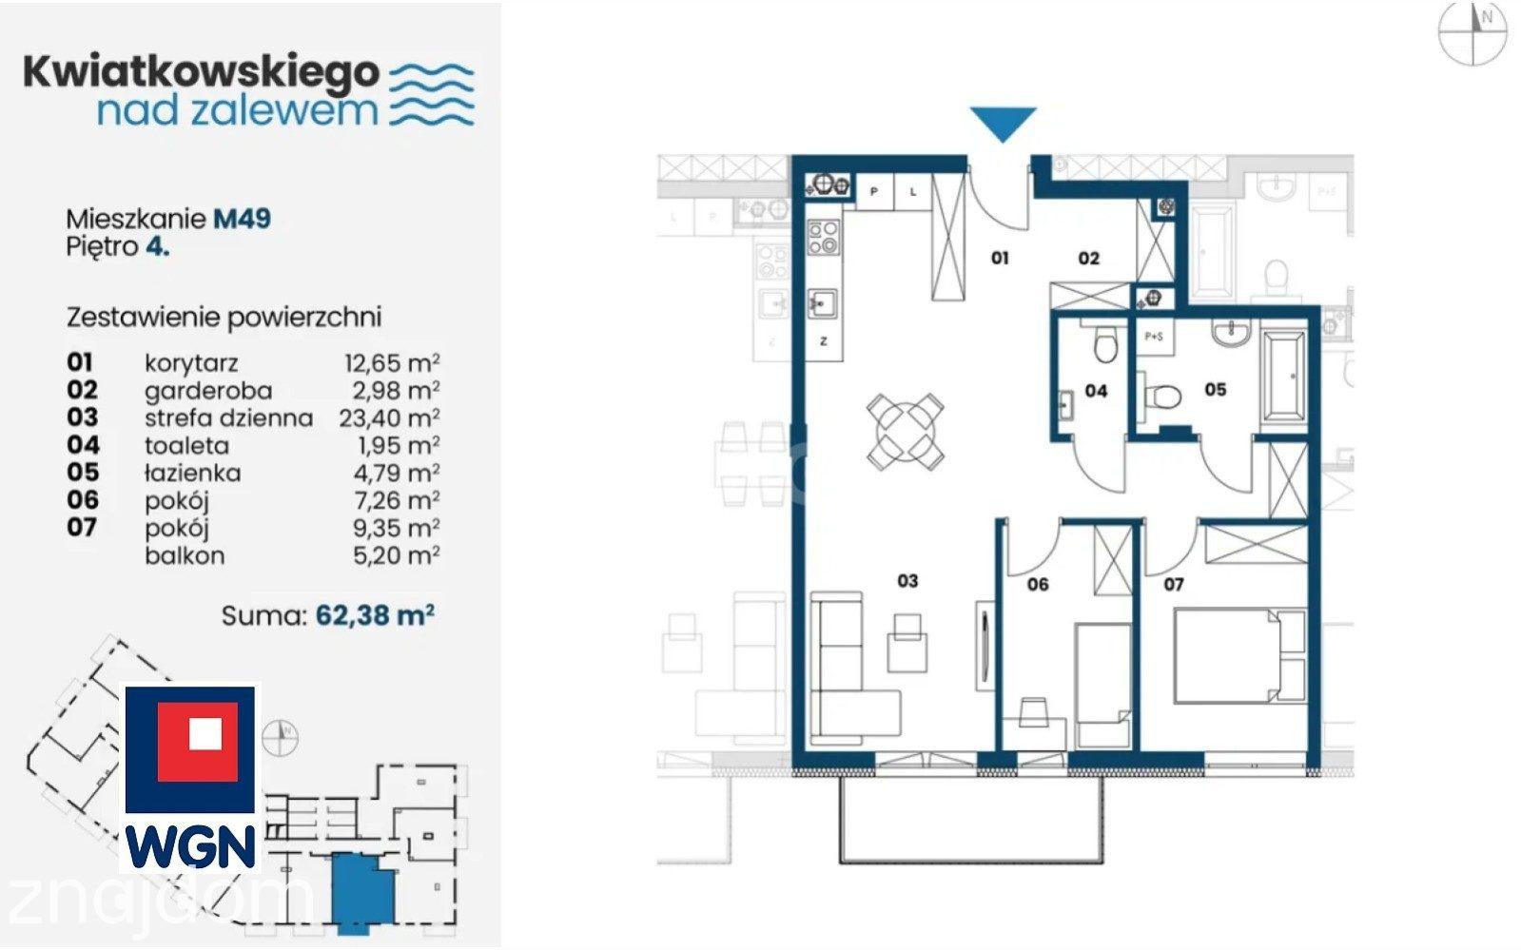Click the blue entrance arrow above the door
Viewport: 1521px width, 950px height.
[1003, 123]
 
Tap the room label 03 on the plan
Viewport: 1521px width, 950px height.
[907, 581]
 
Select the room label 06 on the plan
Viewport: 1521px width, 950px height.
[1038, 584]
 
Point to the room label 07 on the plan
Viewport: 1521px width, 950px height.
[1174, 584]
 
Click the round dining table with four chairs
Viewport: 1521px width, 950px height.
[906, 432]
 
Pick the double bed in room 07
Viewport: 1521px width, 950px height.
[1239, 655]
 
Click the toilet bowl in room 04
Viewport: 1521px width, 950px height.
[1106, 345]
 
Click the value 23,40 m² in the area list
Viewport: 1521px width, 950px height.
[389, 417]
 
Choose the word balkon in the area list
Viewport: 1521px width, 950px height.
[185, 555]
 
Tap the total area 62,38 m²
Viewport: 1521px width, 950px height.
[375, 615]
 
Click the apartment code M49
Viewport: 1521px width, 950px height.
[242, 219]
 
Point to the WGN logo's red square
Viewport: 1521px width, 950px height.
[198, 742]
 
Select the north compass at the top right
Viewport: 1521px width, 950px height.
[1472, 33]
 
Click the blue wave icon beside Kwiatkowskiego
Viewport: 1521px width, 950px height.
[432, 94]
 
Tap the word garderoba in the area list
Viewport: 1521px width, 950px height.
[208, 391]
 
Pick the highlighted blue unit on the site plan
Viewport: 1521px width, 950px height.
[362, 892]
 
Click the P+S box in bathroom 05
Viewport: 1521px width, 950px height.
[1155, 336]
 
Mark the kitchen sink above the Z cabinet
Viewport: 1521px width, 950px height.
[823, 303]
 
